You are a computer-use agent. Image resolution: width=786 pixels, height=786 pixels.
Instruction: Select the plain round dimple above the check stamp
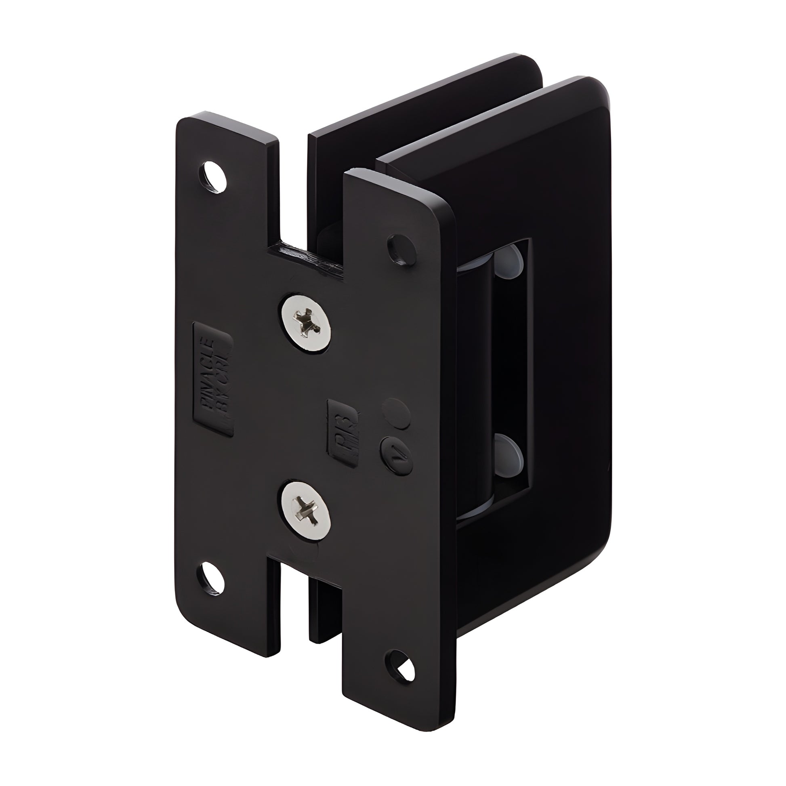click(396, 412)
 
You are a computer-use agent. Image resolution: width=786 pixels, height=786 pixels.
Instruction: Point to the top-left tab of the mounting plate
click(228, 163)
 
